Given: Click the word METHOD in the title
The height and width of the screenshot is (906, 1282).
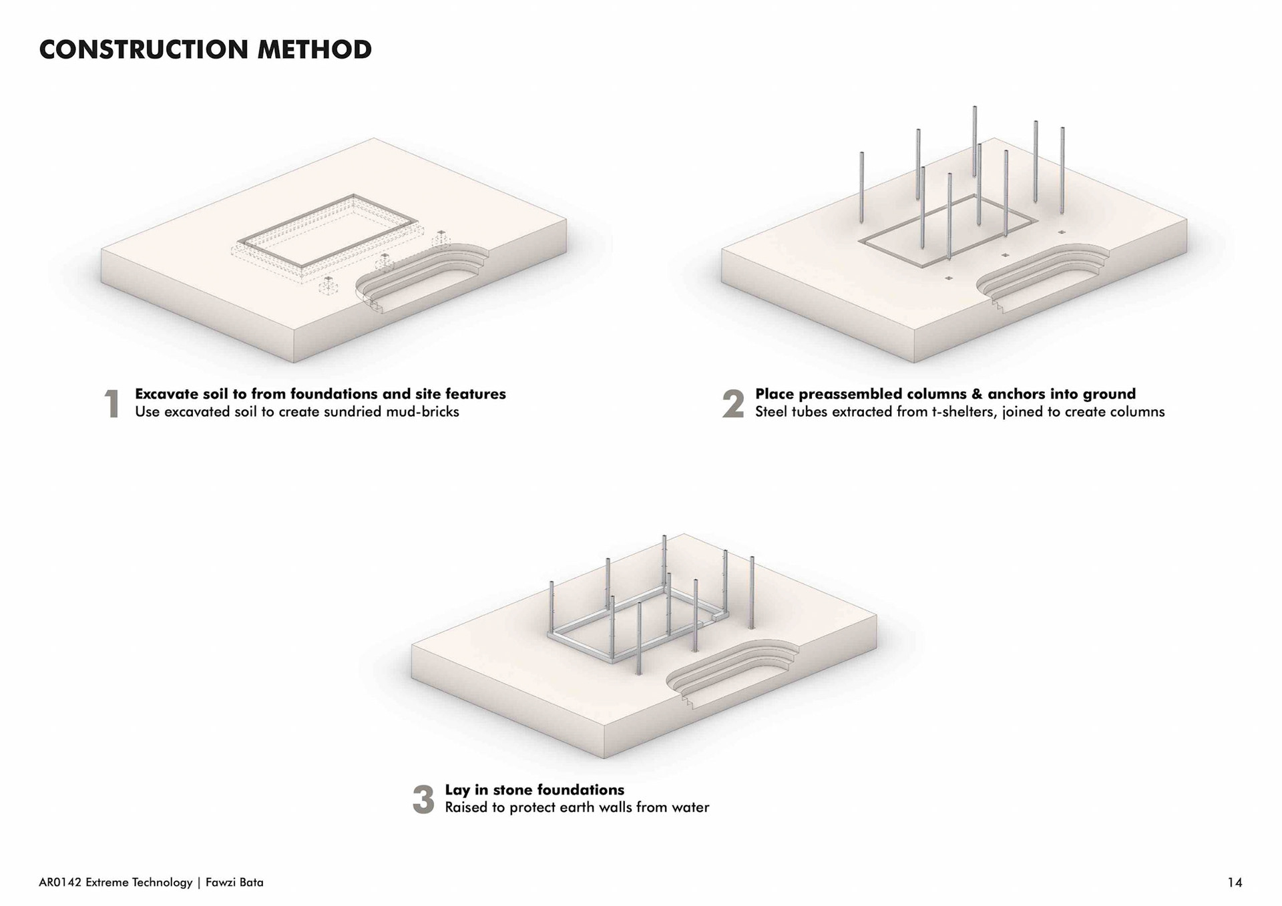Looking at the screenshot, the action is (x=314, y=50).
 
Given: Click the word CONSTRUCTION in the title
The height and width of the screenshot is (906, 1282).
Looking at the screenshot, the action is (x=144, y=50).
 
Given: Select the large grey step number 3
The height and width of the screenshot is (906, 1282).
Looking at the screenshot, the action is (x=423, y=799).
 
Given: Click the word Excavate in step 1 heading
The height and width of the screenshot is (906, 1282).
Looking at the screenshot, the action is (x=166, y=394).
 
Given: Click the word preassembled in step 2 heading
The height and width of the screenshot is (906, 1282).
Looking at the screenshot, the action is (x=851, y=394).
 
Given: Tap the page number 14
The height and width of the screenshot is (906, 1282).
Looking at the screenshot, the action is (x=1235, y=883).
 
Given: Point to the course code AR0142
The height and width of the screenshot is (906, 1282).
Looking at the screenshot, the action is (x=60, y=883).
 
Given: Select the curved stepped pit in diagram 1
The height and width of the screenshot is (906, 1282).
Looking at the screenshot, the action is (x=421, y=274).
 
